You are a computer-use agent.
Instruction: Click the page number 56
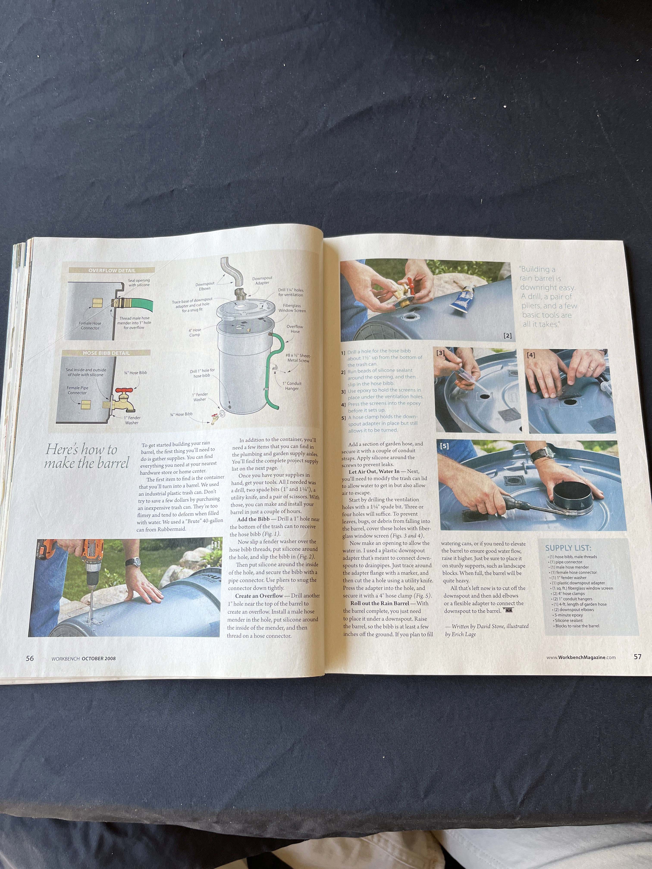coord(30,658)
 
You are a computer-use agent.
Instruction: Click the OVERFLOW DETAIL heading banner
coord(112,270)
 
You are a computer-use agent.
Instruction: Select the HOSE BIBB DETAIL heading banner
coord(106,353)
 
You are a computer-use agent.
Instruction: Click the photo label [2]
coord(507,336)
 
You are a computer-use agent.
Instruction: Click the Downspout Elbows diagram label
coord(205,286)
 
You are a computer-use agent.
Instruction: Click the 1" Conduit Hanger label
coord(292,386)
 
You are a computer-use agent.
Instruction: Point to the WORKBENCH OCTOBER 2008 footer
coord(84,658)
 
